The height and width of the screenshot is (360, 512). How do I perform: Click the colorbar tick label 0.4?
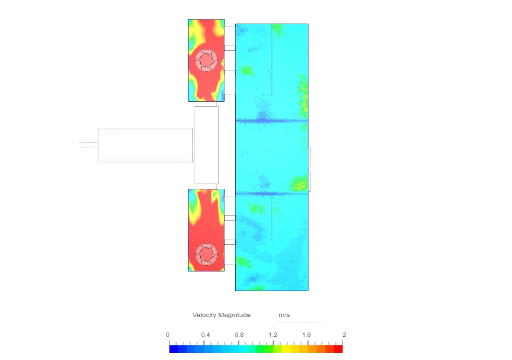(x=205, y=335)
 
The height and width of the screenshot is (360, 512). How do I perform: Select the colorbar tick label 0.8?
(x=239, y=335)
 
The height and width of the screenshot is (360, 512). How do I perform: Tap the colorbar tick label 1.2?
(x=273, y=335)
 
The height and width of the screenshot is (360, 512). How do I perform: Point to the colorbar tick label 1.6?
(x=306, y=335)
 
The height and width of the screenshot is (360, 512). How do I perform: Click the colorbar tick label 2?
(x=344, y=335)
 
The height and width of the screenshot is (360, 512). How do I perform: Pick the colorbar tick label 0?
(x=168, y=335)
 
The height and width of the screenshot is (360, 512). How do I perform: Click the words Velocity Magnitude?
(x=222, y=315)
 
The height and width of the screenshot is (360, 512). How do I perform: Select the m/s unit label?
(x=284, y=315)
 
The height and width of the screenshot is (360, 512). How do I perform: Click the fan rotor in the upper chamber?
(x=206, y=60)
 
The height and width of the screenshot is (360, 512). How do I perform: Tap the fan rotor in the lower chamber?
(x=206, y=254)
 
